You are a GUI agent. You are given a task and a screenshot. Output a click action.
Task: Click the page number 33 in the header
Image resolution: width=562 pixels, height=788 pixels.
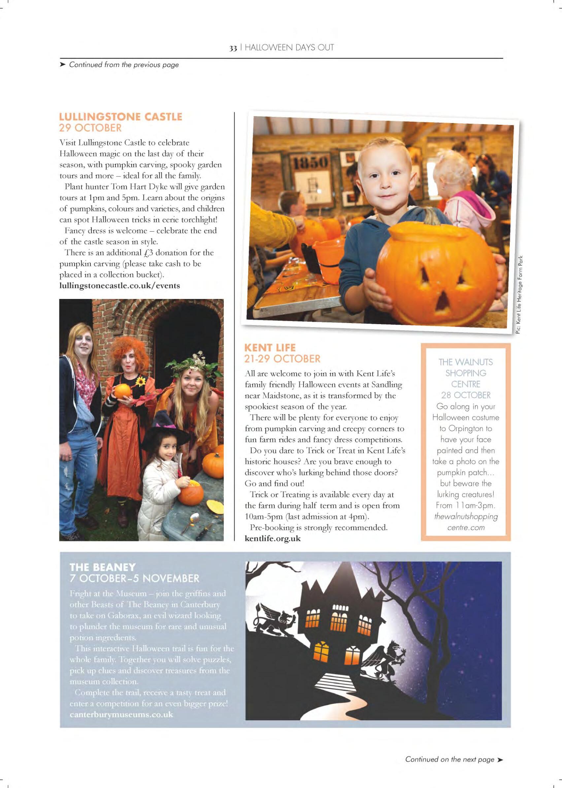[x=233, y=48]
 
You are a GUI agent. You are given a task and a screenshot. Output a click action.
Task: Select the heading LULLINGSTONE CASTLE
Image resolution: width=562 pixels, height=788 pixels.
[x=120, y=116]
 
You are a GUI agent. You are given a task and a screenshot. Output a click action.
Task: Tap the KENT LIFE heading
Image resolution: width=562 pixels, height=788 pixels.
[x=270, y=347]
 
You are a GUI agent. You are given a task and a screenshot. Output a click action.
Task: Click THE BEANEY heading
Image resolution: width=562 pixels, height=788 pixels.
[x=103, y=567]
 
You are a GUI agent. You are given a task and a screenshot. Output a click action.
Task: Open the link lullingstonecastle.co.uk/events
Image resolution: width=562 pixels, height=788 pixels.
[x=119, y=286]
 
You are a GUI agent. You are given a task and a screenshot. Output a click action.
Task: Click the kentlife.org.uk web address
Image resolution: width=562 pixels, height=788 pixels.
[x=273, y=539]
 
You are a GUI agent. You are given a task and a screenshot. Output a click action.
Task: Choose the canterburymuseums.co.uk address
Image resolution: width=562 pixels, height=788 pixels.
[x=121, y=715]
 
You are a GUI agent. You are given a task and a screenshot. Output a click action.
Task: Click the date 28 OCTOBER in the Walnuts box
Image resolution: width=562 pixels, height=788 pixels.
[x=466, y=395]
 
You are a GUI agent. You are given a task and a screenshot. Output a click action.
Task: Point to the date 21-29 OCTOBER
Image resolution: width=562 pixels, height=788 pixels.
[x=282, y=359]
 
